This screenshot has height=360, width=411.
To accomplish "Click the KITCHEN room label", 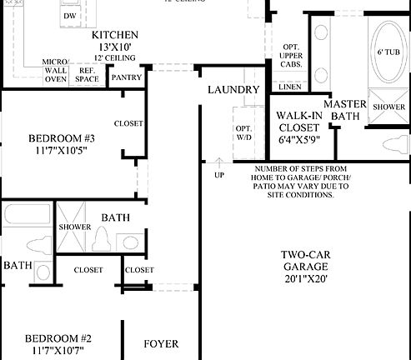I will click(x=114, y=34).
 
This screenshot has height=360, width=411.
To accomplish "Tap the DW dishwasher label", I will click(x=70, y=16).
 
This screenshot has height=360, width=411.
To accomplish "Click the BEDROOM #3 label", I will click(x=61, y=137).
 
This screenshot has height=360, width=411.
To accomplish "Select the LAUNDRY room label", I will click(x=233, y=89).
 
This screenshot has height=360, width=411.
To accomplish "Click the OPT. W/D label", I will click(x=243, y=132).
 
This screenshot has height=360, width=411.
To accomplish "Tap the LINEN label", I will click(x=291, y=86).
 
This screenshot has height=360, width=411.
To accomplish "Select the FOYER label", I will click(x=161, y=343).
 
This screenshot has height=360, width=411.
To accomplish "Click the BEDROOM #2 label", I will click(x=58, y=338).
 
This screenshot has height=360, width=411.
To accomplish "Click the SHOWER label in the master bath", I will click(x=388, y=107).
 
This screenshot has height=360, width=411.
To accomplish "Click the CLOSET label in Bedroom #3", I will click(x=128, y=123).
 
